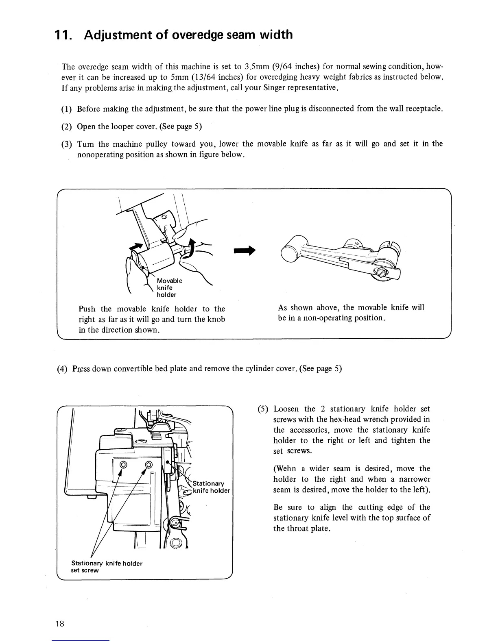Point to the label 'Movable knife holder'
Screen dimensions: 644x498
(x=169, y=287)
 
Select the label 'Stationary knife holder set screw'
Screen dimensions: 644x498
(x=107, y=566)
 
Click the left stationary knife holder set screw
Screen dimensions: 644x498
(x=122, y=465)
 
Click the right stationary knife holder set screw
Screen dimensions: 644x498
(x=149, y=465)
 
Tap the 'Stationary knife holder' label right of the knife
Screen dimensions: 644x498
(x=211, y=487)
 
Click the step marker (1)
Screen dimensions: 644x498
(x=67, y=109)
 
